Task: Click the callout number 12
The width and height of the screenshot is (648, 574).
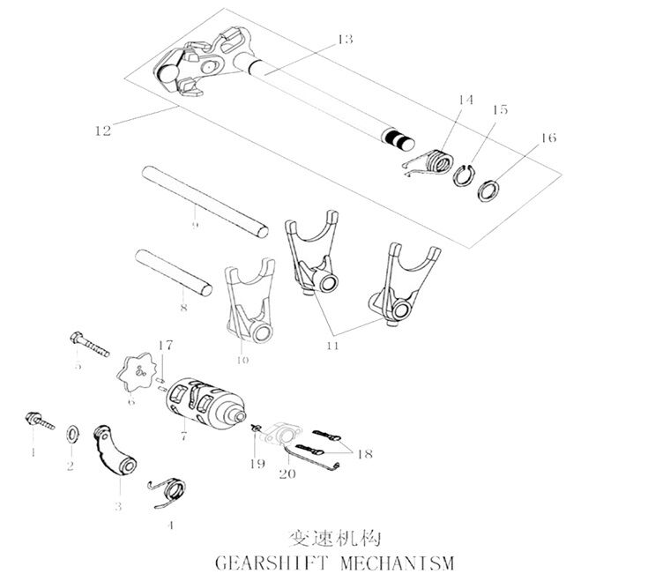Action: coord(101,130)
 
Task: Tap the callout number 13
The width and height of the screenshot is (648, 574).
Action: coord(344,40)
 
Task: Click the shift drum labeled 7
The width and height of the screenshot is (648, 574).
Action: coord(205,401)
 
